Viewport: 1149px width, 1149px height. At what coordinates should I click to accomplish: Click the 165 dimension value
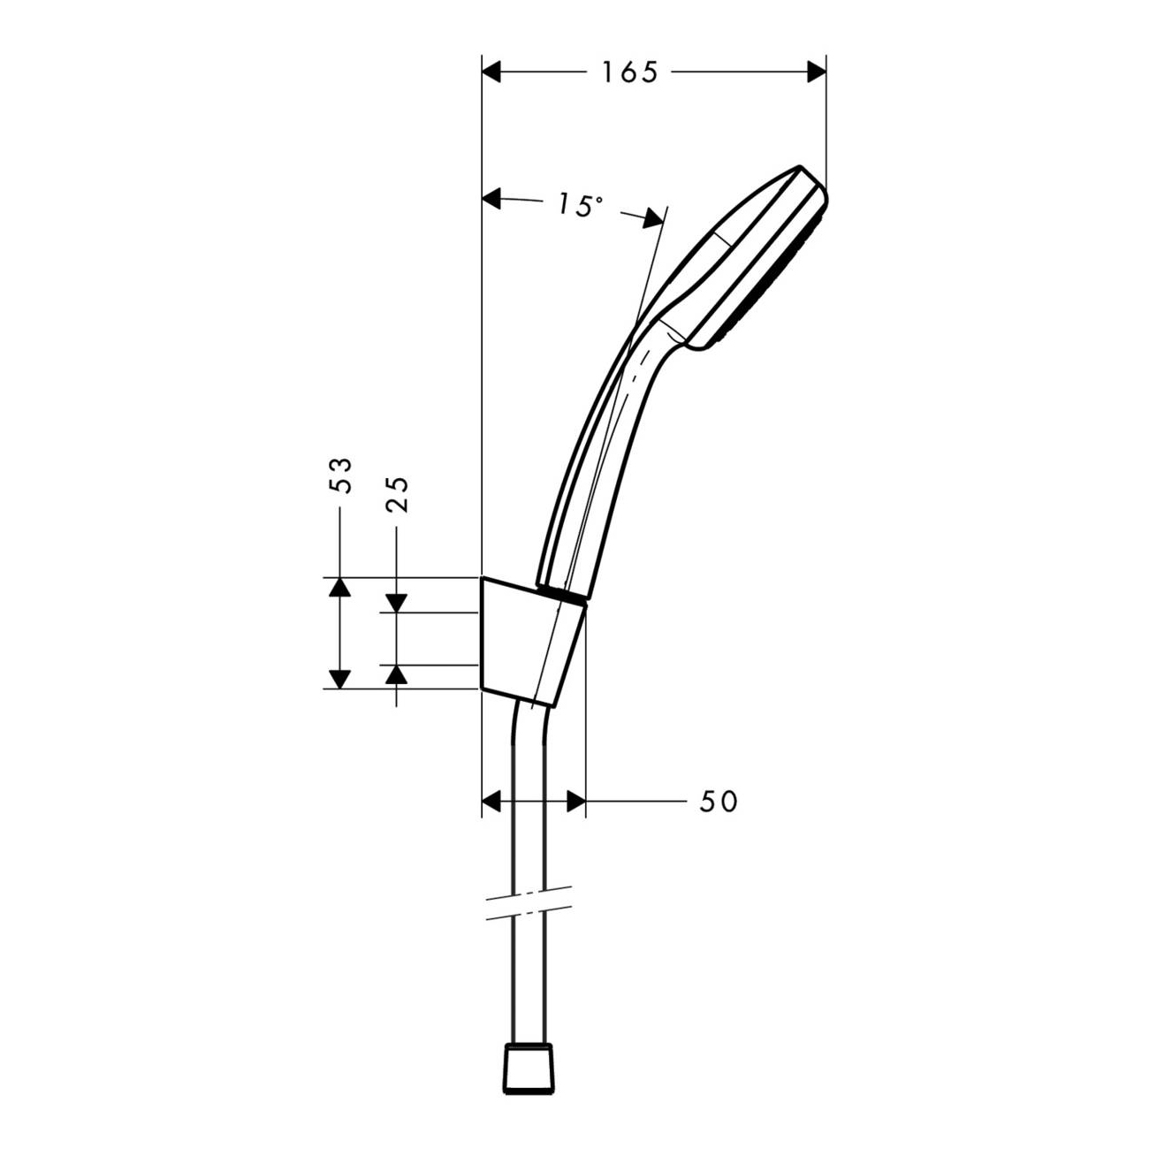point(630,72)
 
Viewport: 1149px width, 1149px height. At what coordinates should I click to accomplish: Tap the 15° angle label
point(579,206)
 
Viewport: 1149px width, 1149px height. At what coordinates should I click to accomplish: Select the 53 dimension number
point(340,476)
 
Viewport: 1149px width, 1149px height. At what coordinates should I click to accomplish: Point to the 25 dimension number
point(397,495)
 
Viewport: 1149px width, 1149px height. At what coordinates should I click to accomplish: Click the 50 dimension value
point(718,802)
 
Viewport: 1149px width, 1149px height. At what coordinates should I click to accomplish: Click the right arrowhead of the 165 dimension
point(816,72)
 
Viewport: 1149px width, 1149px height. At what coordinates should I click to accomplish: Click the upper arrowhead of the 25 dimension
point(397,603)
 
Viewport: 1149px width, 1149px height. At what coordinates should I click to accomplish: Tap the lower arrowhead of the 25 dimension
point(397,674)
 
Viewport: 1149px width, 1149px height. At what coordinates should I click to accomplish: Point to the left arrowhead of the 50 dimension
point(491,802)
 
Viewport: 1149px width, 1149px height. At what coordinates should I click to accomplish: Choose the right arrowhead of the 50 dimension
point(575,802)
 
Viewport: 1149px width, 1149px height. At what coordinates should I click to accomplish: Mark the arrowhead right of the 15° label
point(652,217)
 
